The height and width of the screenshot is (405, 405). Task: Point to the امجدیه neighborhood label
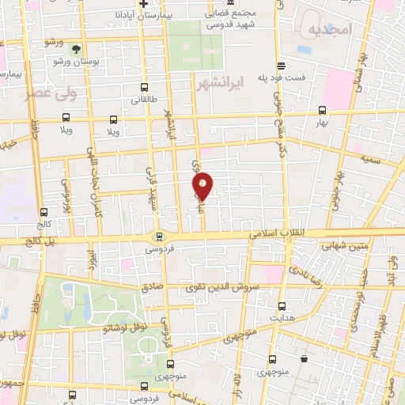327,32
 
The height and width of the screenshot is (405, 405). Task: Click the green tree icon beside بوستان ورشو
76,49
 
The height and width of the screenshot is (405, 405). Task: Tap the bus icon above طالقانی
144,87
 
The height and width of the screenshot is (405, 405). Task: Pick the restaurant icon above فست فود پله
280,66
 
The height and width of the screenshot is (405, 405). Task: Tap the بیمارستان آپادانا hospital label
118,14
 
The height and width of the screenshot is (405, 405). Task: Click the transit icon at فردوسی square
158,236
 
